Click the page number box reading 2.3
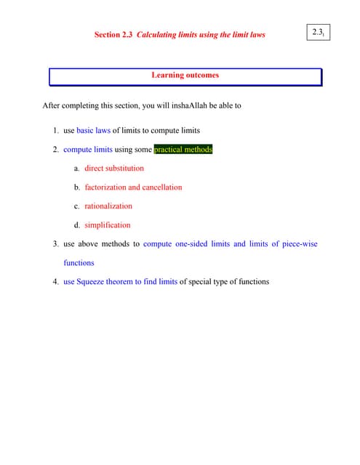(318, 33)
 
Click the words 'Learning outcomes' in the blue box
(185, 75)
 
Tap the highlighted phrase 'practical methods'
(183, 150)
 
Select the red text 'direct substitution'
(114, 169)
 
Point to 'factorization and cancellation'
(133, 187)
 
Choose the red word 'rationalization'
(108, 206)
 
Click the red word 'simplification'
(108, 225)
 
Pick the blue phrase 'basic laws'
(93, 131)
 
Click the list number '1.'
(56, 131)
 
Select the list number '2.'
(56, 150)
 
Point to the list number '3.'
(56, 244)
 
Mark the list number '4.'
(56, 282)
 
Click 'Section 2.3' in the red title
(113, 35)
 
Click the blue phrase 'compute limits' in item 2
(88, 150)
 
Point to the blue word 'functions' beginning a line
(79, 263)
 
